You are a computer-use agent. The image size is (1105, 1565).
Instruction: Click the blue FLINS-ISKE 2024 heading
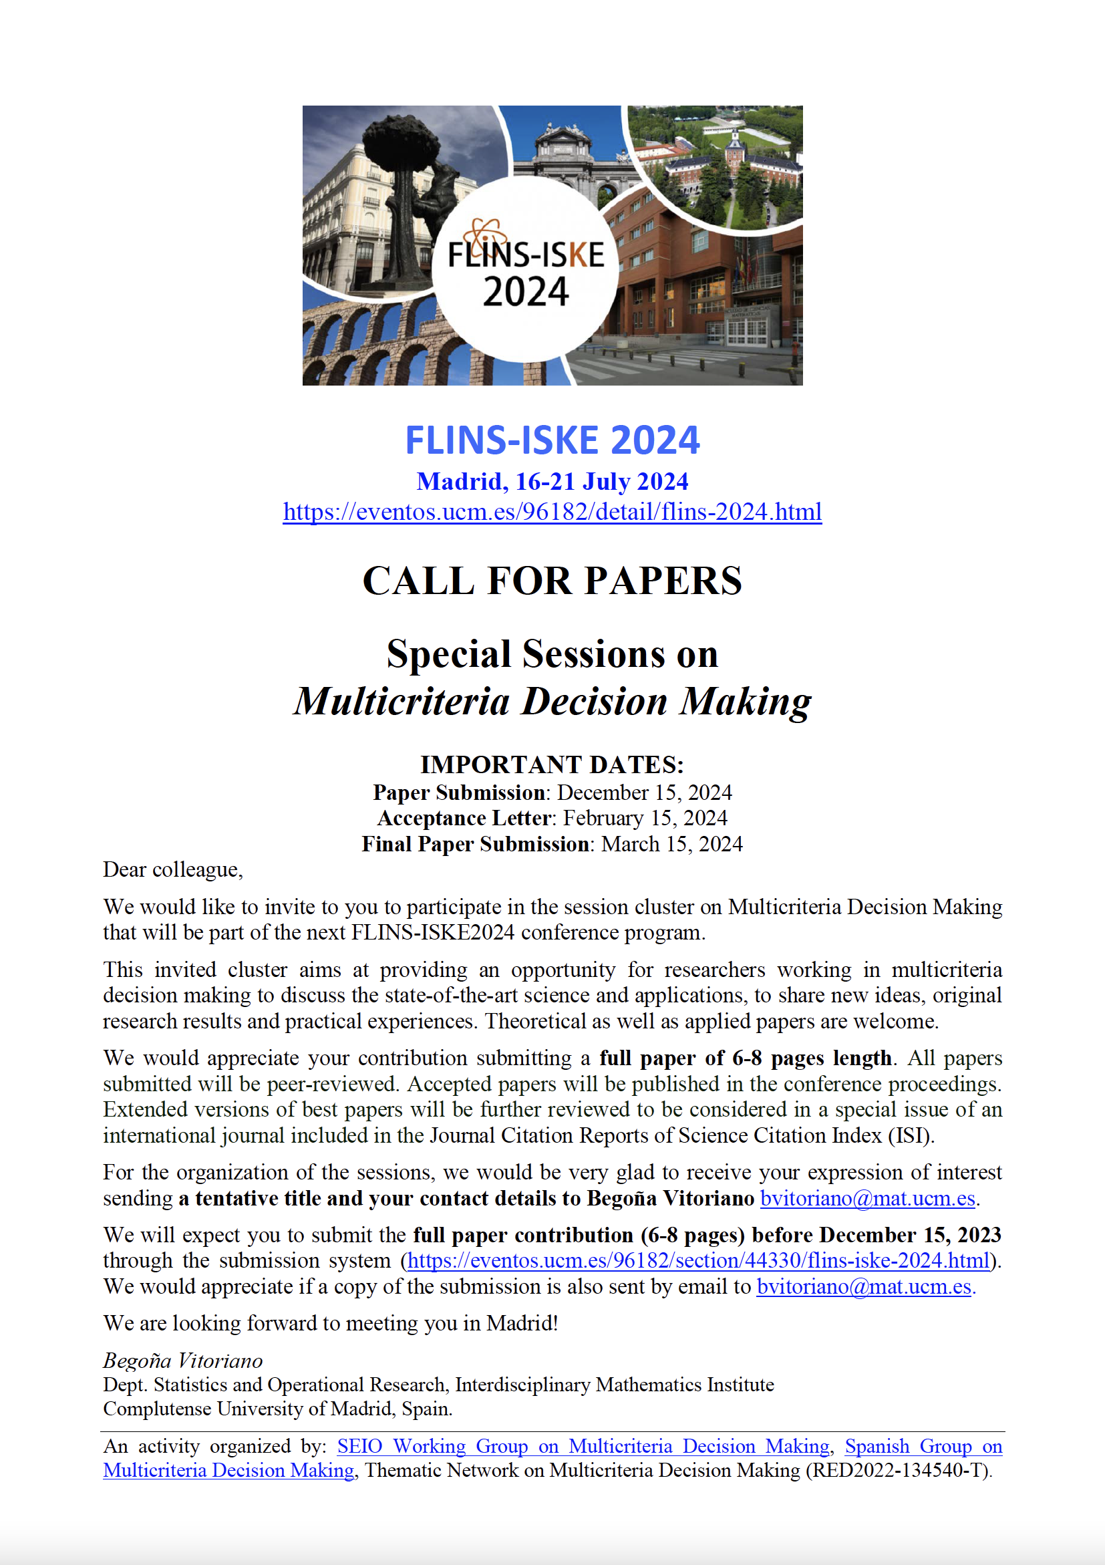click(x=552, y=440)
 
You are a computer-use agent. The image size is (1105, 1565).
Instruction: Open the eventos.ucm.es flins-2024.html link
click(x=552, y=511)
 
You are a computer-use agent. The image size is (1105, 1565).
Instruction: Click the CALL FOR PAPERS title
click(x=552, y=581)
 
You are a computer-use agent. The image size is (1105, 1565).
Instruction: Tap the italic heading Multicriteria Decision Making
click(x=552, y=701)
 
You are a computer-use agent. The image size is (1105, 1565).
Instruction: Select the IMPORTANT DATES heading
click(x=552, y=764)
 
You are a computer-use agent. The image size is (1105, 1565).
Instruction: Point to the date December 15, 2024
click(x=645, y=792)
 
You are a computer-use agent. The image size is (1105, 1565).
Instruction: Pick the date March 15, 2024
click(x=671, y=843)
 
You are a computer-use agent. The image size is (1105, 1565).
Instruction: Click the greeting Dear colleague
click(x=172, y=869)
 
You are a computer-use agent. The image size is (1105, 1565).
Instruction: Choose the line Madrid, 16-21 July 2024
click(x=552, y=481)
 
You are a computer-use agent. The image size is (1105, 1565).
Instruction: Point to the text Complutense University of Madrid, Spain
click(x=277, y=1408)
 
